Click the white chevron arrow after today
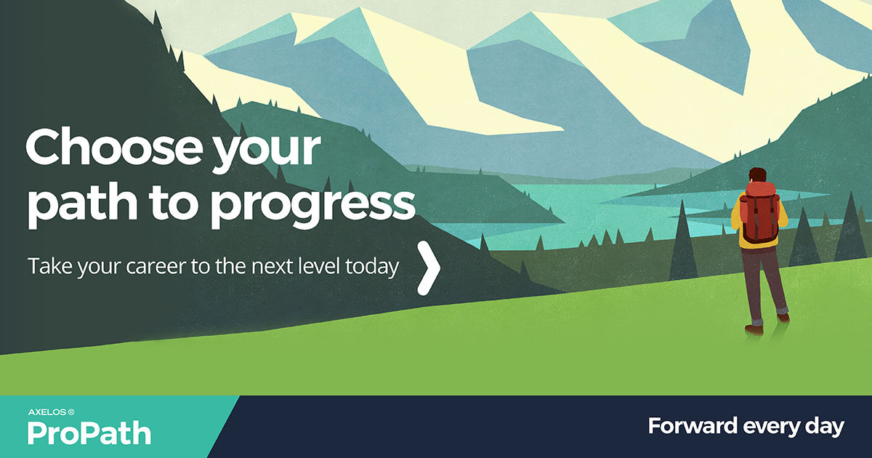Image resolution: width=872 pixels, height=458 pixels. point(429,268)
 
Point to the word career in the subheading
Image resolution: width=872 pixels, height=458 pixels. point(162,267)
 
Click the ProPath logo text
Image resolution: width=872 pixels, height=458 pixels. point(89,433)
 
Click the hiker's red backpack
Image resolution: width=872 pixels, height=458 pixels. point(760,212)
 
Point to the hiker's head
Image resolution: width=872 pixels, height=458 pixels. point(757,176)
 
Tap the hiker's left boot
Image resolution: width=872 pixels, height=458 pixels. point(754,328)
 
